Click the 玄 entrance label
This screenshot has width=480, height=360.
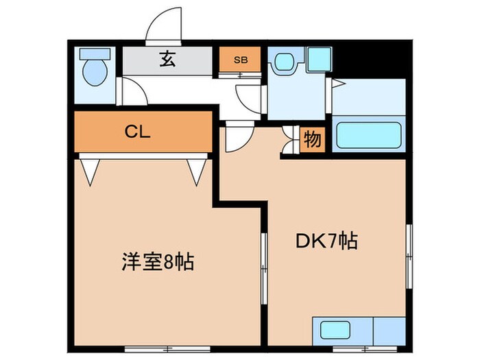[167, 60]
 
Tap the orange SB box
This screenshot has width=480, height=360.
[241, 60]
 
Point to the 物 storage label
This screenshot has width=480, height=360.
[312, 140]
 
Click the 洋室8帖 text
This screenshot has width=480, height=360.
[158, 261]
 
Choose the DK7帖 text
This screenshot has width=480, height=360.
[326, 241]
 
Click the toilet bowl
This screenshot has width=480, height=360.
[93, 72]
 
